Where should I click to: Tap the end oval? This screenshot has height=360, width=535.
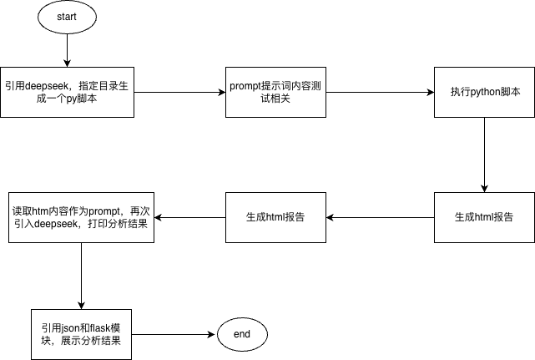[242, 334]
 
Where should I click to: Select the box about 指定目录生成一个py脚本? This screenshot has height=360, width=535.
[67, 92]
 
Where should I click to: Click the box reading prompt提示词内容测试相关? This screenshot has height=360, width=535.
[267, 92]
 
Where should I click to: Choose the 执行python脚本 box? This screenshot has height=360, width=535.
[484, 92]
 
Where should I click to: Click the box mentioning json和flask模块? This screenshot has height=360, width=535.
[81, 334]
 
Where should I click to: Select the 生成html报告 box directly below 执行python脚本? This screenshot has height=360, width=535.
[484, 217]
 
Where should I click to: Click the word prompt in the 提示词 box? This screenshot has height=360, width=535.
[245, 85]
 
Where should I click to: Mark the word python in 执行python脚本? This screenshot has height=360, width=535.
[485, 92]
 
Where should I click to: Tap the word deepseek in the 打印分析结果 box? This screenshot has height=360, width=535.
[58, 224]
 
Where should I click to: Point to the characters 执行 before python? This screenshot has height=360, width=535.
[459, 92]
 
